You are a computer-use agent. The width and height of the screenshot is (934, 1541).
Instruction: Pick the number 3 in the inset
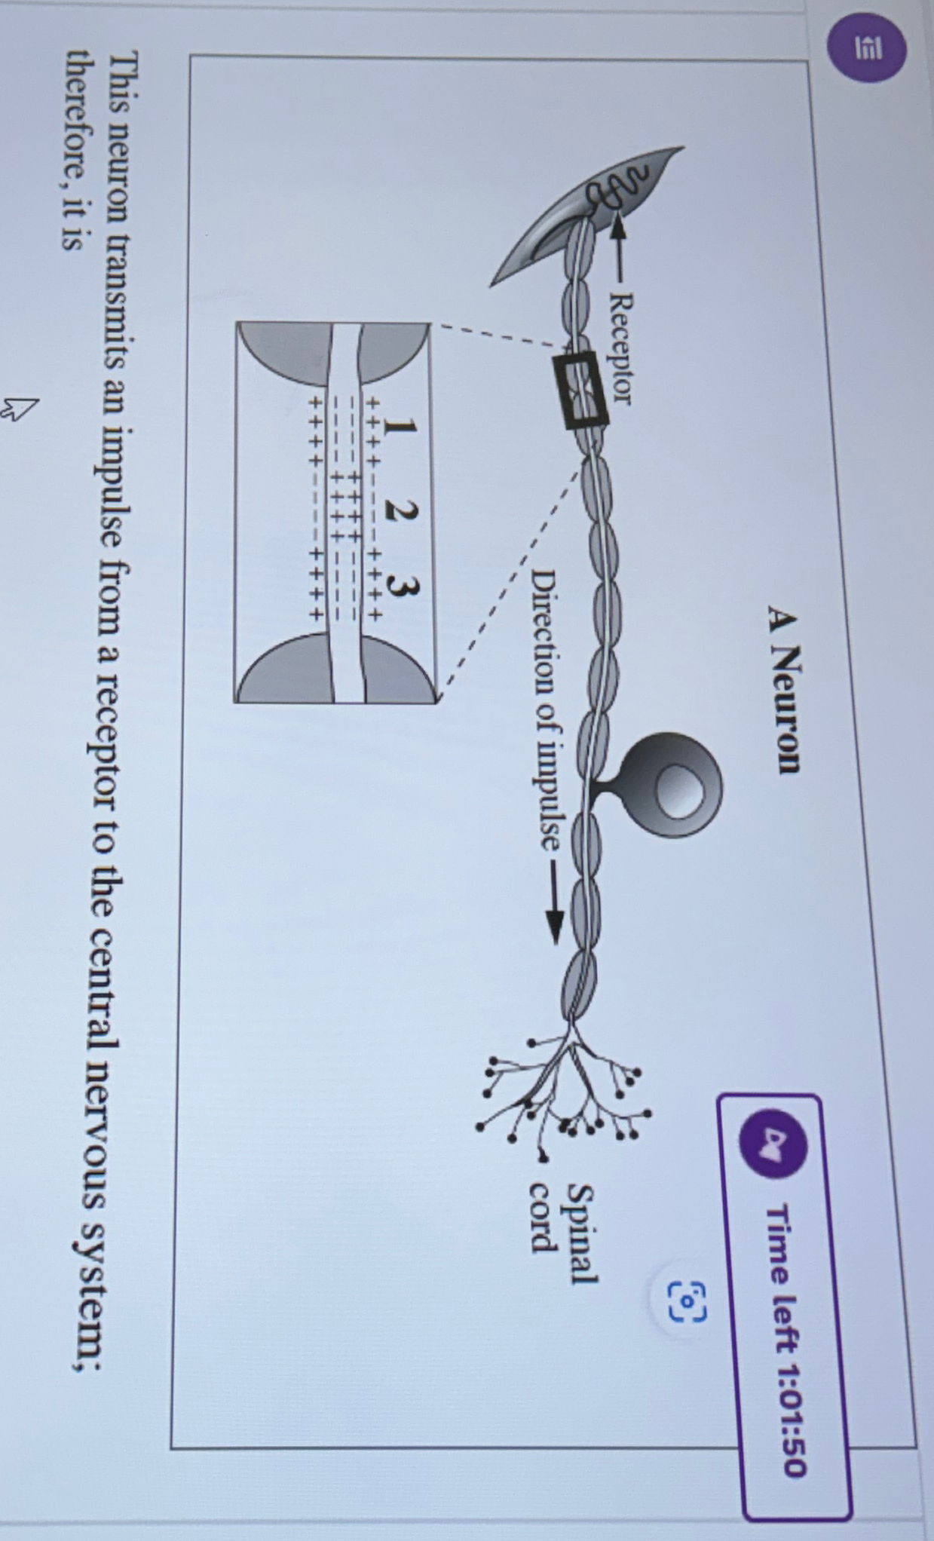click(x=402, y=586)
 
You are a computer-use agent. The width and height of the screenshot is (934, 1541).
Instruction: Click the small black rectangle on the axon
click(x=580, y=390)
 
